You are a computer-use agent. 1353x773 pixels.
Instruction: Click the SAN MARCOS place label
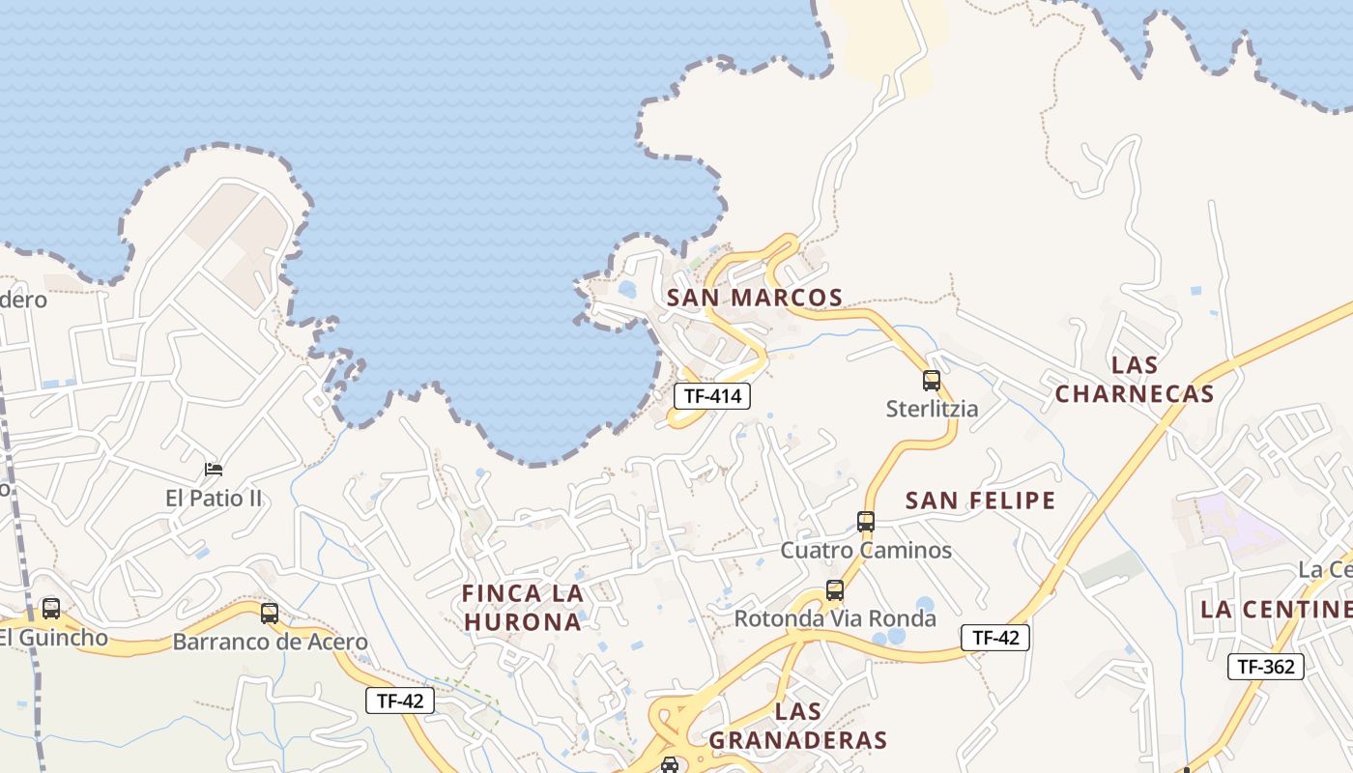755,298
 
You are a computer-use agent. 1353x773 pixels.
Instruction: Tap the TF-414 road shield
712,395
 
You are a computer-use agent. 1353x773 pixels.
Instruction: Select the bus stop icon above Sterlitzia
932,380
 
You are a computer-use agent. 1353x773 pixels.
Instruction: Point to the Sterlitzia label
932,409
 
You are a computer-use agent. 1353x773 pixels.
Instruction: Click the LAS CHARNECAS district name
1135,379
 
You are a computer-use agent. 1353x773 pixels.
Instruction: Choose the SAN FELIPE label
980,501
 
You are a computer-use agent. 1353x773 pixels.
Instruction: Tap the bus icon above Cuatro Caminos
866,522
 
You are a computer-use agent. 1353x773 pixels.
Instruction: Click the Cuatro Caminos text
866,551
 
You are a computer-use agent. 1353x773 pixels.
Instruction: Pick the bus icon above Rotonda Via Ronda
835,589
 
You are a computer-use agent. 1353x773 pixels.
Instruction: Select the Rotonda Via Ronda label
835,618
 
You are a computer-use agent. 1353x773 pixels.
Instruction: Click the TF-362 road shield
1266,666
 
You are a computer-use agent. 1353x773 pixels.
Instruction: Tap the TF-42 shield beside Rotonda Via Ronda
995,638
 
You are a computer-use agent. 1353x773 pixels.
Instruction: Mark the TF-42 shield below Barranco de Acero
400,701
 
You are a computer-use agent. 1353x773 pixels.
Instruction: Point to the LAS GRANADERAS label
798,727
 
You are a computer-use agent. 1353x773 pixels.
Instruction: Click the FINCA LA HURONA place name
523,607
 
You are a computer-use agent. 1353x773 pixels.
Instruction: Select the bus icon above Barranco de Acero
270,613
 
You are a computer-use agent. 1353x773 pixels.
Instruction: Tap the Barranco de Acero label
270,642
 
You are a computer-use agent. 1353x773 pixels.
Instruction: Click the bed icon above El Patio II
215,470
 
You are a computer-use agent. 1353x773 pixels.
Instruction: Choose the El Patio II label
215,499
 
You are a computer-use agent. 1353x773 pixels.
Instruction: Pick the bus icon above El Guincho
51,609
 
